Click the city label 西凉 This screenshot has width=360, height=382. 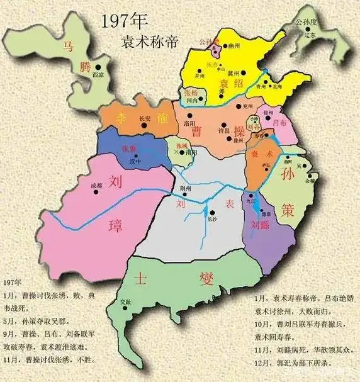tap(98, 74)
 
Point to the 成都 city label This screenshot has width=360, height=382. tap(96, 185)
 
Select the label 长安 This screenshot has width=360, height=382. tap(144, 118)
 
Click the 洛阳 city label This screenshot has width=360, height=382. tap(189, 124)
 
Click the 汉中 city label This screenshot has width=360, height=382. tap(134, 161)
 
